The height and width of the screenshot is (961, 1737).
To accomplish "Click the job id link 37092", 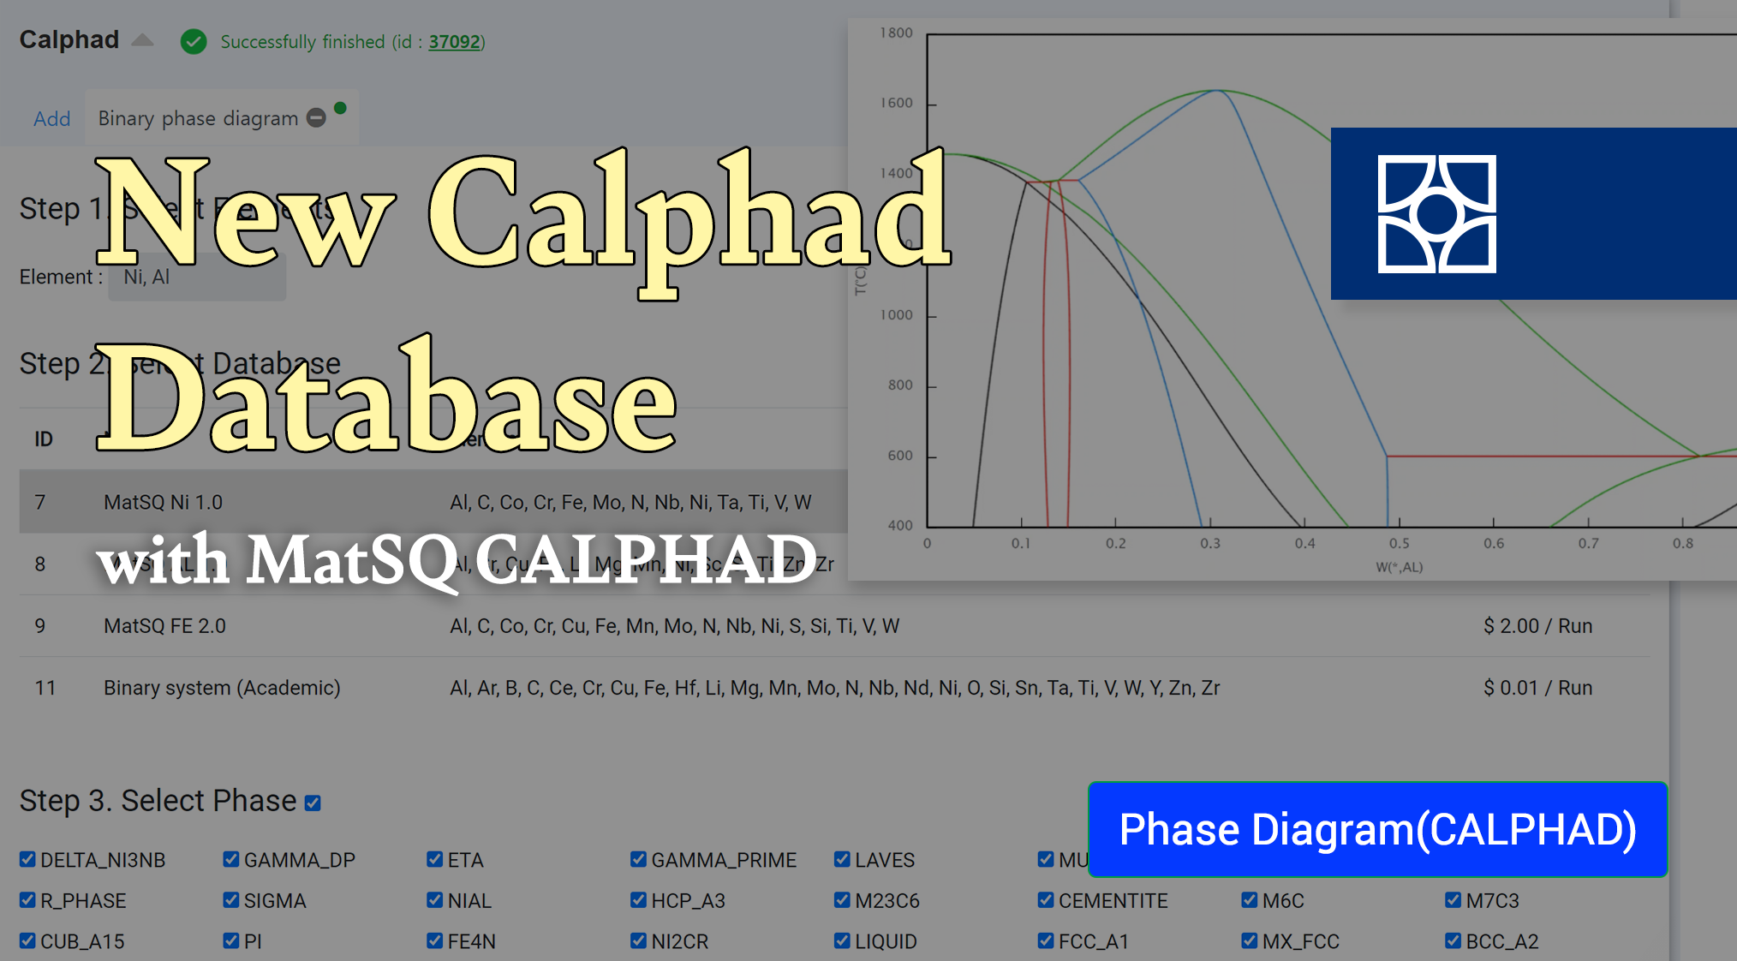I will click(x=454, y=42).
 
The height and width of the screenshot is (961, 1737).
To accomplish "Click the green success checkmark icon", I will click(x=194, y=41).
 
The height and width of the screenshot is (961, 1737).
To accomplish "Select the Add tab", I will click(x=51, y=118).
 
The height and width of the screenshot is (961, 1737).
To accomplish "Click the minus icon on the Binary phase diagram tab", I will click(x=316, y=118).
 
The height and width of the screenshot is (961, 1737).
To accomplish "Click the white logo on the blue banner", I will click(x=1436, y=214).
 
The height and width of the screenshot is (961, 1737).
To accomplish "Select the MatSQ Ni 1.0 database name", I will click(x=163, y=502).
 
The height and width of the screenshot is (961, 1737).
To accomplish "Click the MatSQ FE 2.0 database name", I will click(x=164, y=626).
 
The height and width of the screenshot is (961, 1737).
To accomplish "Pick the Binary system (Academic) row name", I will click(x=222, y=688).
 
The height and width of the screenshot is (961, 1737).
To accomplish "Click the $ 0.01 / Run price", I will click(x=1537, y=688).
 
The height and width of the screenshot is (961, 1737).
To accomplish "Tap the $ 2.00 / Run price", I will click(x=1537, y=626).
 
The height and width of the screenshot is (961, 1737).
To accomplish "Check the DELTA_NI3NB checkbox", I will click(x=27, y=859).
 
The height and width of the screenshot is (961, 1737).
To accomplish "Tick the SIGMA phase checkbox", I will click(x=231, y=900).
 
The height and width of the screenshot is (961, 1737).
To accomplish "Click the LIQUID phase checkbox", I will click(x=842, y=940).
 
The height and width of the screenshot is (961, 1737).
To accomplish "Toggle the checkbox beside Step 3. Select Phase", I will click(x=313, y=803).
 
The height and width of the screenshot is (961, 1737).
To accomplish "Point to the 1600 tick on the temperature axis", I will click(x=897, y=104).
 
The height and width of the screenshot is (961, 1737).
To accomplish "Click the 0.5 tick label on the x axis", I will click(x=1399, y=543).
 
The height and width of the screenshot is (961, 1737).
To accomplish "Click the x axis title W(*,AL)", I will click(x=1399, y=567).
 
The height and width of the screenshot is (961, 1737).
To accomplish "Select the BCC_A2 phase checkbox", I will click(x=1453, y=940).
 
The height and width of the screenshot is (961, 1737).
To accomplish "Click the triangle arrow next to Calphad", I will click(x=143, y=39).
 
